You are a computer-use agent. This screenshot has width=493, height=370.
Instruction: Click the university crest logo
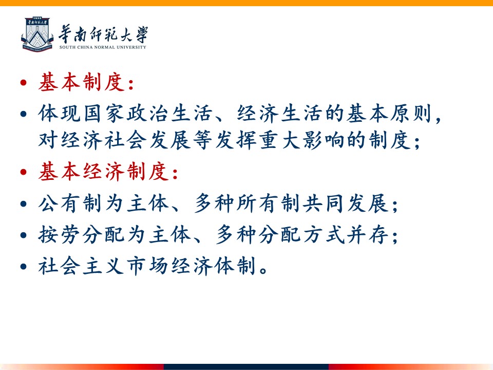pos(37,34)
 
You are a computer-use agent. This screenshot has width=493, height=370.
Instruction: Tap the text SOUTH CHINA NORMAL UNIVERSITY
pos(103,47)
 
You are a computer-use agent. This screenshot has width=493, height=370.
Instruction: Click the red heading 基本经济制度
pos(104,172)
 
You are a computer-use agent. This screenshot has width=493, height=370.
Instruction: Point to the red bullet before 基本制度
pos(23,83)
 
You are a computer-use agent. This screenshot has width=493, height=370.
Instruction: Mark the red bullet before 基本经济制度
pos(23,172)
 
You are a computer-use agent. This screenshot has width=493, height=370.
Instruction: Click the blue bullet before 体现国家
pos(23,114)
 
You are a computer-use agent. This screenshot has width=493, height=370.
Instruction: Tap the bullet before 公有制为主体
pos(23,203)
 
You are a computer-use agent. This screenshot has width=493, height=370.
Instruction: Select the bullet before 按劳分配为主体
pos(23,235)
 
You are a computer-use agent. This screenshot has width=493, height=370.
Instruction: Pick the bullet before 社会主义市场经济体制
pos(23,267)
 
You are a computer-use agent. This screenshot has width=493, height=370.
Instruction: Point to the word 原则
pos(411,113)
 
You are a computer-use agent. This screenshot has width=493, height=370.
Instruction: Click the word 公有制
pos(71,203)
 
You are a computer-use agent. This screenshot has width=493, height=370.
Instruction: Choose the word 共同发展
pos(345,203)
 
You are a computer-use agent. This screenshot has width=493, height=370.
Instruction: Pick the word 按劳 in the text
pos(60,235)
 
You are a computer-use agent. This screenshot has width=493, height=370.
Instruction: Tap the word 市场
pos(148,266)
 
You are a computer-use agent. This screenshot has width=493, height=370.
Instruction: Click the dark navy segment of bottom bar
pos(246,367)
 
